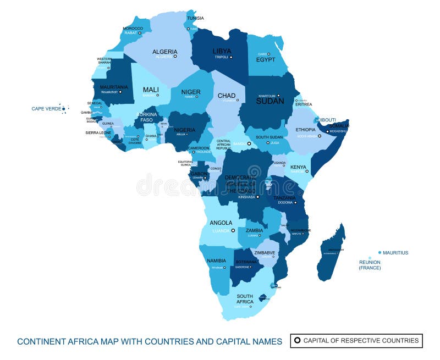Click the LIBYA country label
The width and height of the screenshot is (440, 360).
coord(222,51)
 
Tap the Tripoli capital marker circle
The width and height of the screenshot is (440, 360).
coord(231,57)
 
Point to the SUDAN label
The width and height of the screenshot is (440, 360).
coord(270,101)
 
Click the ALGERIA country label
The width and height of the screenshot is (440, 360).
coord(164,51)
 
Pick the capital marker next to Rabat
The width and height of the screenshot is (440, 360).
coord(140,33)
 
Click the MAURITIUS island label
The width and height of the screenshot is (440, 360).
coord(395,253)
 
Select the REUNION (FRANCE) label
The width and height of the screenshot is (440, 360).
coord(370,265)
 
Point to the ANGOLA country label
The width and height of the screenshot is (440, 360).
coord(221,223)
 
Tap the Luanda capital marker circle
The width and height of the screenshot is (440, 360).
coord(233,231)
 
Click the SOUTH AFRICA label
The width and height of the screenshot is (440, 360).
coord(245,299)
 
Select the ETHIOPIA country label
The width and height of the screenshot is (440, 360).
coord(305,130)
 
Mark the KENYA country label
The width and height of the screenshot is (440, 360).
coord(298,167)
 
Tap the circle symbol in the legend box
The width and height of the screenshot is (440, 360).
coord(298,341)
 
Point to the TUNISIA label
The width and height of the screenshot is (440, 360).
coord(195,18)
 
